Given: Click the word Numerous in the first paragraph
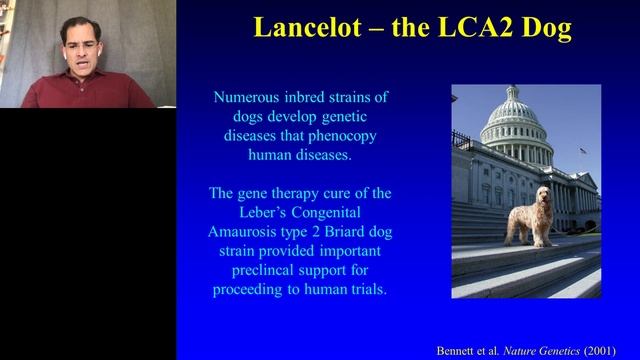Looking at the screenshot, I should tap(246, 98).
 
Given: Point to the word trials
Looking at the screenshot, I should tap(364, 288).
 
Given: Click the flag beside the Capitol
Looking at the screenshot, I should tap(584, 151).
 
